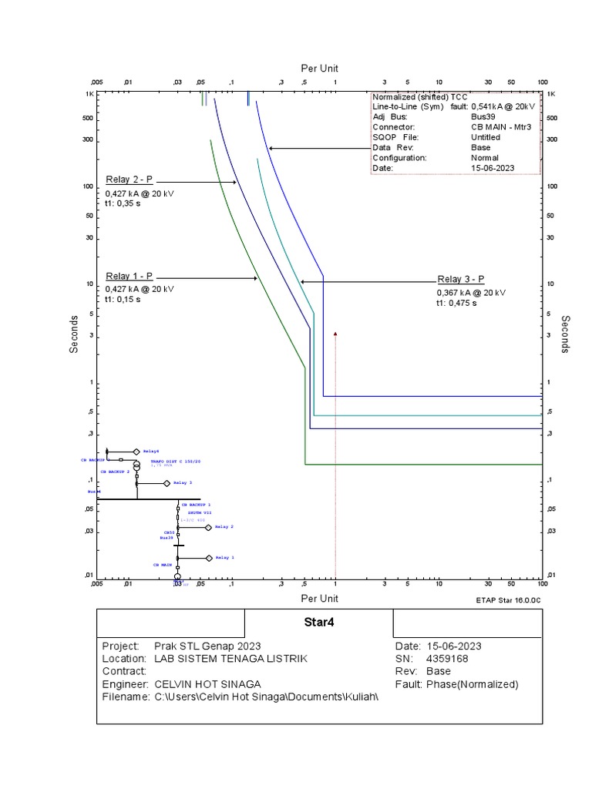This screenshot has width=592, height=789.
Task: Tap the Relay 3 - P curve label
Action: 461,280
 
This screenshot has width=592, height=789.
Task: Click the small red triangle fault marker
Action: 335,334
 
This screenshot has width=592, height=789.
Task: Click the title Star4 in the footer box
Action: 318,622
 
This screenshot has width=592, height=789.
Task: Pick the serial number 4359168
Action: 446,659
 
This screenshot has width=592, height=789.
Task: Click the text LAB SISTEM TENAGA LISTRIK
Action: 230,659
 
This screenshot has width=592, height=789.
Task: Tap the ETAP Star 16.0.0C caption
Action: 509,598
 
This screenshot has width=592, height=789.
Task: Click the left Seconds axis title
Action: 74,334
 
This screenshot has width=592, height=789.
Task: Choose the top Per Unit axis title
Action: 319,68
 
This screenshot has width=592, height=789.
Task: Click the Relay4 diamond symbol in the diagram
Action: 136,452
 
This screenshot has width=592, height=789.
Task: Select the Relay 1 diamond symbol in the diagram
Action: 209,557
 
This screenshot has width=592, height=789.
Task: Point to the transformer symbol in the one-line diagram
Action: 136,466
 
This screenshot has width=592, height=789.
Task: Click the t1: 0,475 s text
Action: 457,304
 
